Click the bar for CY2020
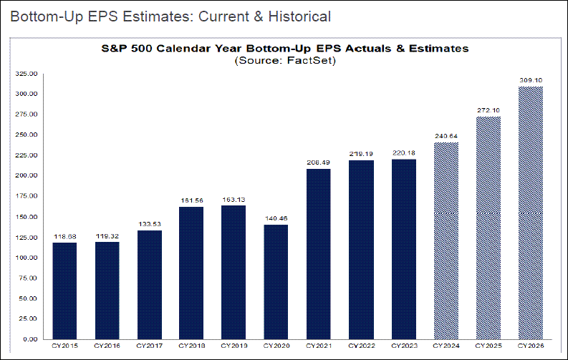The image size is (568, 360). pos(276,281)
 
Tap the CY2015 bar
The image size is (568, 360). pos(64,290)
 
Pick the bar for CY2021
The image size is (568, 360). pos(319,253)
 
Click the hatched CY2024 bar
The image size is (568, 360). pos(446,240)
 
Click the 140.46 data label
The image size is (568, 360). pos(276,218)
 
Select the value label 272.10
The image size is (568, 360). pos(488,110)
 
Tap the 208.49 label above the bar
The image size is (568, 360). pos(319,162)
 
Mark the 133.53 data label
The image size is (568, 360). pos(149,224)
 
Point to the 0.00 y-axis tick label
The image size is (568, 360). pos(32,339)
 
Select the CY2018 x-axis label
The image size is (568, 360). pos(192,347)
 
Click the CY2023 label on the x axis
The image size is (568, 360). pos(403,347)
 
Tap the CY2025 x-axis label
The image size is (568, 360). pos(488,347)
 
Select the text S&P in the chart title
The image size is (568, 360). pos(111,49)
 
